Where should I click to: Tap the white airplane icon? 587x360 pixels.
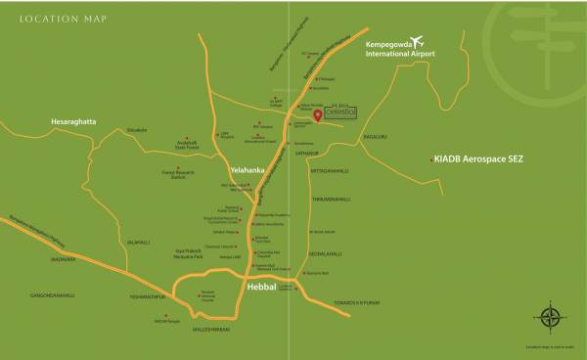tap(418, 40)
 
